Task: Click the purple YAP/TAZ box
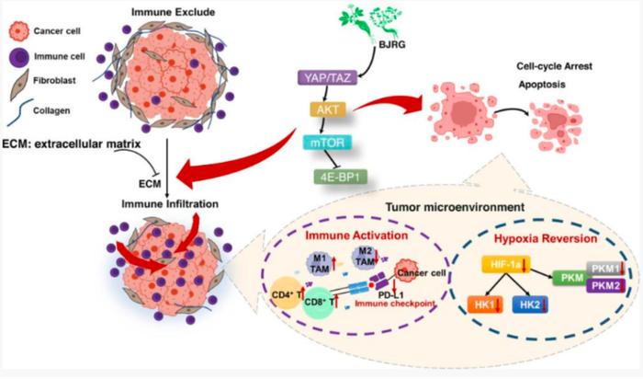[327, 77]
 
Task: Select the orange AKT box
[328, 109]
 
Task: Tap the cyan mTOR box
[327, 143]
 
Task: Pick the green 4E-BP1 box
[341, 177]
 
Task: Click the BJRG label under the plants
[392, 44]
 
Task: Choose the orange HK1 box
[485, 304]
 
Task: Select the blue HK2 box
[530, 304]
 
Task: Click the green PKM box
[572, 278]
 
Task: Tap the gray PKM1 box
[606, 269]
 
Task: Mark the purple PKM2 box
[606, 285]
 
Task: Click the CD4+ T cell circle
[288, 293]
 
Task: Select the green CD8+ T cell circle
[319, 303]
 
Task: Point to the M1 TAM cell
[320, 264]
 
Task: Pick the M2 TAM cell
[364, 257]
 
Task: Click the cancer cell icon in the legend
[19, 31]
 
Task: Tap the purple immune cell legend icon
[19, 56]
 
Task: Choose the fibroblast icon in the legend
[19, 85]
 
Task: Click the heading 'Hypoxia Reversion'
[546, 238]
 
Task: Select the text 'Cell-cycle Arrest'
[554, 66]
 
